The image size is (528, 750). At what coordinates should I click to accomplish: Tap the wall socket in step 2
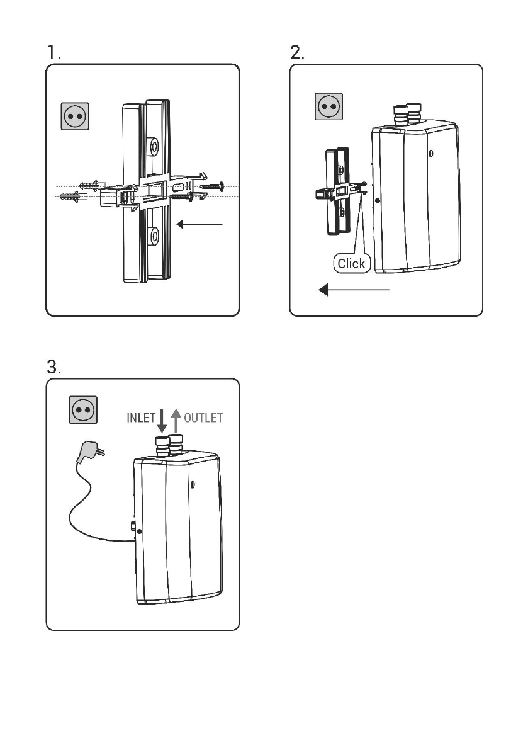pos(328,106)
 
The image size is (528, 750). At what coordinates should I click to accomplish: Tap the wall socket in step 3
pos(82,410)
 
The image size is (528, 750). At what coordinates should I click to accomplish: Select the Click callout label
pos(351,264)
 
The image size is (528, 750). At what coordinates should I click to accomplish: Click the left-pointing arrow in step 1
pos(199,224)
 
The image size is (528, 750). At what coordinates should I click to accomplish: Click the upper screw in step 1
pos(211,186)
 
